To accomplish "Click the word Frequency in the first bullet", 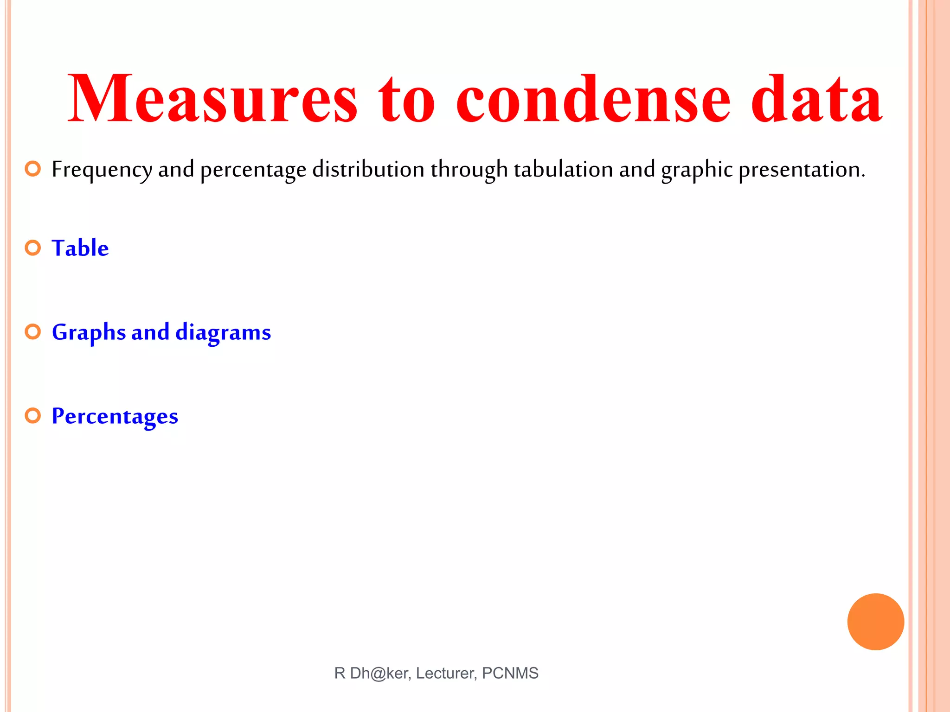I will pyautogui.click(x=102, y=170).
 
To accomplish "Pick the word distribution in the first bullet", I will pyautogui.click(x=368, y=169).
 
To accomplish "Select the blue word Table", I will pyautogui.click(x=80, y=248).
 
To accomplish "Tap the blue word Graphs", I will pyautogui.click(x=89, y=333).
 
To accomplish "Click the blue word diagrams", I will pyautogui.click(x=223, y=333).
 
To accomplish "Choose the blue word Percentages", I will pyautogui.click(x=115, y=416).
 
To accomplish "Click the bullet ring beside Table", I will pyautogui.click(x=33, y=248).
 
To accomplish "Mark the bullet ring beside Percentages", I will pyautogui.click(x=33, y=416).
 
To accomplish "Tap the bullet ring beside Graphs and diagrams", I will pyautogui.click(x=33, y=332).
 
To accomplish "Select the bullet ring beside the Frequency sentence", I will pyautogui.click(x=33, y=169).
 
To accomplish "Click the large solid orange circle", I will pyautogui.click(x=875, y=622).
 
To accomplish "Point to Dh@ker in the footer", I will pyautogui.click(x=379, y=673).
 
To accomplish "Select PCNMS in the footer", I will pyautogui.click(x=510, y=673).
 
